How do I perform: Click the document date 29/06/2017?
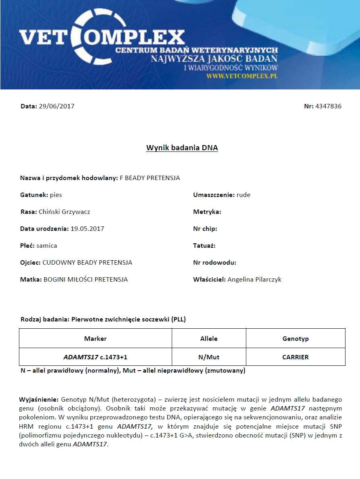56,106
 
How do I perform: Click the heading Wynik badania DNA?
182,148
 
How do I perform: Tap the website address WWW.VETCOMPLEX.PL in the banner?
242,76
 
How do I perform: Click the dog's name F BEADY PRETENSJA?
150,178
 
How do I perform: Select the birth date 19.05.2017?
87,229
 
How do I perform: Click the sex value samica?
46,245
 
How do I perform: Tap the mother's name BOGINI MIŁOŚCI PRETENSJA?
85,280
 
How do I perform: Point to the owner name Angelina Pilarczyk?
254,280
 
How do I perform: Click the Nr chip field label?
205,229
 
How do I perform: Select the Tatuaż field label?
204,245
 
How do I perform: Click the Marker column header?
96,338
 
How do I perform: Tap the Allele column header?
209,338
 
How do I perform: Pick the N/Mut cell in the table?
209,357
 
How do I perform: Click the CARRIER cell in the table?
295,357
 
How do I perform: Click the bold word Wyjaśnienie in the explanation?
39,400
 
